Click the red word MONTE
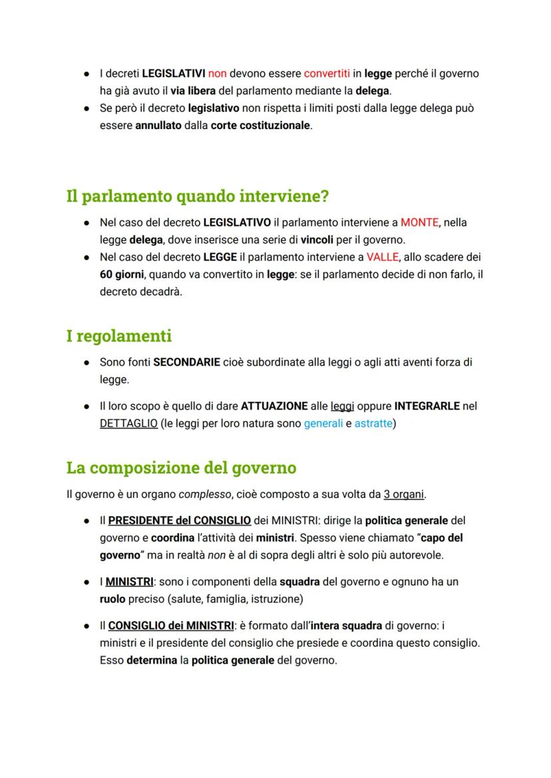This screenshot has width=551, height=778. [x=419, y=222]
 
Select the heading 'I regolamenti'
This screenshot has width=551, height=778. [x=119, y=336]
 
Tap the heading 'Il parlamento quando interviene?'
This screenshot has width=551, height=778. [x=198, y=196]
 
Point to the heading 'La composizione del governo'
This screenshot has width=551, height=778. [x=181, y=468]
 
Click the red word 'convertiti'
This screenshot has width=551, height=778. [x=328, y=73]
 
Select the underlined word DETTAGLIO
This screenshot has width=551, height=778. [x=128, y=423]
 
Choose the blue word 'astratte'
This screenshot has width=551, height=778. [x=373, y=423]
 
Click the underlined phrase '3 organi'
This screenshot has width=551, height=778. [x=404, y=494]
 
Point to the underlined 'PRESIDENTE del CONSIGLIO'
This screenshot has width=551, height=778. [x=180, y=520]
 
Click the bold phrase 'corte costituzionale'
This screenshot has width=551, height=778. [x=260, y=125]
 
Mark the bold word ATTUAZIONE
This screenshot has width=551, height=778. [x=274, y=406]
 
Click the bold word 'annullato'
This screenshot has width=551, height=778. [x=158, y=125]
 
